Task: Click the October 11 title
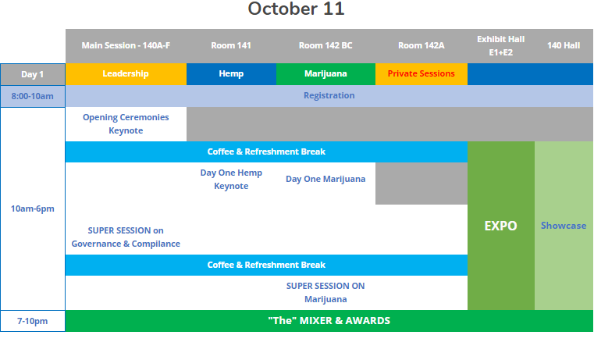point(296,9)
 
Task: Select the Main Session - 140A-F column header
point(126,45)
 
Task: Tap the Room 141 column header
point(231,45)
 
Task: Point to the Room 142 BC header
point(325,45)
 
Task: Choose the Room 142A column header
point(421,45)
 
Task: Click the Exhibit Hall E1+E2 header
point(501,46)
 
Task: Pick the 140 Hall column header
point(564,45)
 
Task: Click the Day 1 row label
point(33,74)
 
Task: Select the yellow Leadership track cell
point(126,74)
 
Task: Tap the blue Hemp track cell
point(231,74)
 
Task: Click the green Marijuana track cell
point(325,74)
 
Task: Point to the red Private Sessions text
point(421,73)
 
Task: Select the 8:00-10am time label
point(33,96)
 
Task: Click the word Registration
point(329,95)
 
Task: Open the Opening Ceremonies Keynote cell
point(126,124)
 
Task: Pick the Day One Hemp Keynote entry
point(231,180)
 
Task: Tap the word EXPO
point(501,226)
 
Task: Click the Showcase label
point(564,226)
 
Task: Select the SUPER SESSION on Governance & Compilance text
point(126,237)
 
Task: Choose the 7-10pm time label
point(33,322)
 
